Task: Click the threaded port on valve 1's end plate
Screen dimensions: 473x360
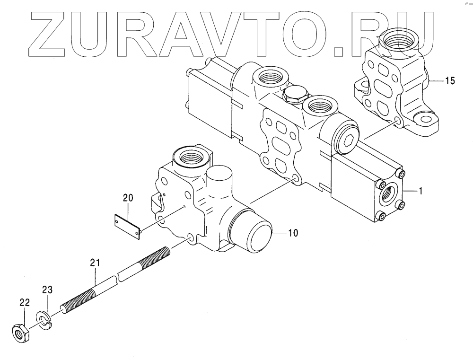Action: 388,195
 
